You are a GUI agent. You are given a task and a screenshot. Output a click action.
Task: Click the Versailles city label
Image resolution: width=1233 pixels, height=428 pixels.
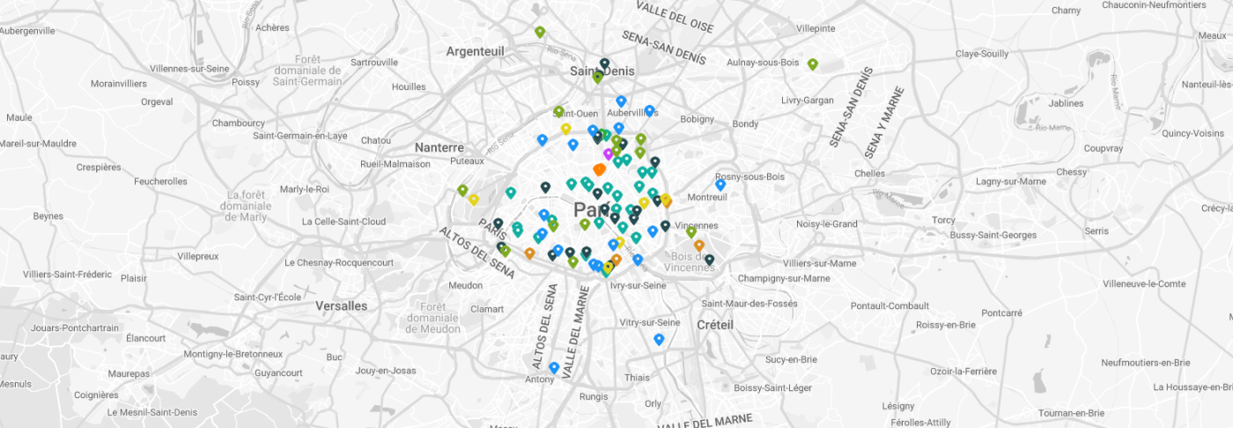click(x=341, y=306)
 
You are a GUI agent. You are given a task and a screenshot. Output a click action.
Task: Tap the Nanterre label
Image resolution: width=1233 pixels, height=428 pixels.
click(x=439, y=147)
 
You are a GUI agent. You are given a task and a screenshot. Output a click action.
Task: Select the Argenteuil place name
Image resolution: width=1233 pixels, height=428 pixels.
click(x=475, y=51)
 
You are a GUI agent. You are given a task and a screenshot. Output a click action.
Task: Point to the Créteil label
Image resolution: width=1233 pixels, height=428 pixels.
click(x=714, y=324)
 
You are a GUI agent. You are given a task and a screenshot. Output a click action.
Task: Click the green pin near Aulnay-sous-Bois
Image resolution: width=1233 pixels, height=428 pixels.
click(x=812, y=64)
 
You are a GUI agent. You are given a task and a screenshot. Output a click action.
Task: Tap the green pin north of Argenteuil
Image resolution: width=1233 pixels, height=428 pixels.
click(x=540, y=32)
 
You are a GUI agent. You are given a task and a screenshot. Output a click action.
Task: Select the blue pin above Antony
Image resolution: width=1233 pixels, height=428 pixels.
click(x=553, y=367)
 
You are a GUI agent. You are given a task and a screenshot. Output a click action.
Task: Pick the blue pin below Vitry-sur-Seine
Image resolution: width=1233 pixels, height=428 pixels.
click(x=659, y=339)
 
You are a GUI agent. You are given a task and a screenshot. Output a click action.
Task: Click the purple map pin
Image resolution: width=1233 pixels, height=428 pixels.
click(x=608, y=154)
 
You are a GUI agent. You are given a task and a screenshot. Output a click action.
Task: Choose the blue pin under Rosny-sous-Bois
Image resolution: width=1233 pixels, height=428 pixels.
click(x=720, y=185)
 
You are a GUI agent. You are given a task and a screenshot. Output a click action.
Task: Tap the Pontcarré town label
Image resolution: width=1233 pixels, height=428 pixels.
click(x=1001, y=313)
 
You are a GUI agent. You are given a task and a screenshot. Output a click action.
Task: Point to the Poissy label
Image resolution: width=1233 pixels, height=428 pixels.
click(x=246, y=82)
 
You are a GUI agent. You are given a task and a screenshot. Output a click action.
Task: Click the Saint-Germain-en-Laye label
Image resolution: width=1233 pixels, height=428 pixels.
click(x=300, y=136)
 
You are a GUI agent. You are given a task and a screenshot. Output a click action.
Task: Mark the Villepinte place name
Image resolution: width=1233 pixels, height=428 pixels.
click(x=816, y=28)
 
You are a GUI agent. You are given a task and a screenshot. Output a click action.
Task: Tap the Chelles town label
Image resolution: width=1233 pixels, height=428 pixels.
click(x=869, y=173)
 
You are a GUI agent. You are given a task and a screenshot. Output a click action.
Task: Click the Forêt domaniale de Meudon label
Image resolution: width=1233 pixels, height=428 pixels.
click(x=434, y=317)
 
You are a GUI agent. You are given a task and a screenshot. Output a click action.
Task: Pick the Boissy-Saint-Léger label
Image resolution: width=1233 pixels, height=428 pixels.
click(x=772, y=387)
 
